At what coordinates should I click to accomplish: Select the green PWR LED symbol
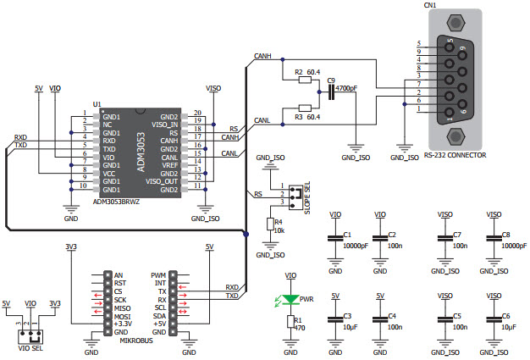(291, 299)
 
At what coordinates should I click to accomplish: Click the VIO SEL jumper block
(31, 335)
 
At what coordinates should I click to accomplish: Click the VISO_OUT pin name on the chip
(163, 180)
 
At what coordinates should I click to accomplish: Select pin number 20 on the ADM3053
(197, 113)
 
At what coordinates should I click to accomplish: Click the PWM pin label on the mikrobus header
(158, 275)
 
